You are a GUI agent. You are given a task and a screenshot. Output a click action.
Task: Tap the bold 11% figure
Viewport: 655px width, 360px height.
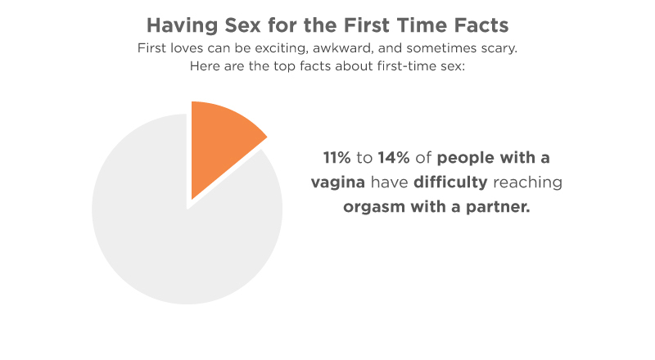(337, 158)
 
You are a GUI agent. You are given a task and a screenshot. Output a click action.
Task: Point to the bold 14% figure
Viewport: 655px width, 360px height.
(394, 158)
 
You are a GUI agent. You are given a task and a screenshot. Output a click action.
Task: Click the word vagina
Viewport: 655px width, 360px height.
(338, 182)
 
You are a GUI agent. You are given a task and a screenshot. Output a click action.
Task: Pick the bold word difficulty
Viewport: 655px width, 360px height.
(450, 182)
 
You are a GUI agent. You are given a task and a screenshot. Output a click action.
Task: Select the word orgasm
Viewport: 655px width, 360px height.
(374, 207)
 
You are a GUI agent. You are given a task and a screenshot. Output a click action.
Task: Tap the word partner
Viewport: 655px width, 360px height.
(498, 207)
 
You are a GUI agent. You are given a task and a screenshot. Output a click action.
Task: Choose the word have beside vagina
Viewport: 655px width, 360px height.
(390, 182)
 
